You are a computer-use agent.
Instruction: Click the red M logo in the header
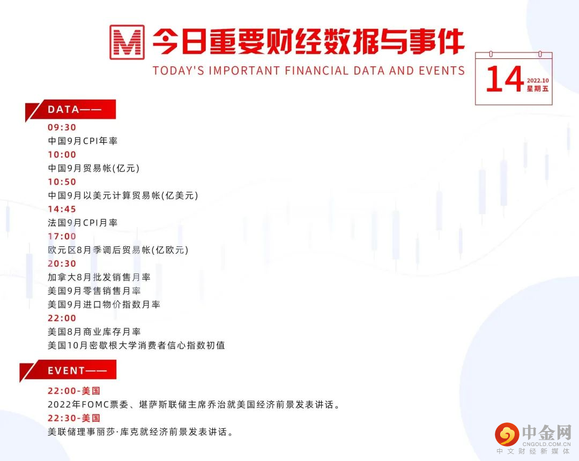pyautogui.click(x=127, y=42)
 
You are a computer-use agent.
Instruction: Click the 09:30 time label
pyautogui.click(x=62, y=127)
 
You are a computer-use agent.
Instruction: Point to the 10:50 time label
pyautogui.click(x=62, y=182)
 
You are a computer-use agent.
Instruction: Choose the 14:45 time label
pyautogui.click(x=62, y=209)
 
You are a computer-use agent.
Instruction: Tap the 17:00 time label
pyautogui.click(x=62, y=237)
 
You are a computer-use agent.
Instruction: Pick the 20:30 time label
pyautogui.click(x=62, y=264)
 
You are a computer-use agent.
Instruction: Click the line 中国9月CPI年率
pyautogui.click(x=83, y=141)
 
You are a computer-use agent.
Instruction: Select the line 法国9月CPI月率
pyautogui.click(x=83, y=223)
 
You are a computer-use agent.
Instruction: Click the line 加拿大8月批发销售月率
pyautogui.click(x=99, y=277)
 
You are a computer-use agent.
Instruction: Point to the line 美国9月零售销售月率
pyautogui.click(x=94, y=291)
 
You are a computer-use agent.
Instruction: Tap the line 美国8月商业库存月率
pyautogui.click(x=94, y=332)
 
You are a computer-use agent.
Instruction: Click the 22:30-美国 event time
pyautogui.click(x=74, y=418)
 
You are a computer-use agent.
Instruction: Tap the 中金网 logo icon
pyautogui.click(x=507, y=434)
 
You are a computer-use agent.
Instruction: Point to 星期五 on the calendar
pyautogui.click(x=538, y=89)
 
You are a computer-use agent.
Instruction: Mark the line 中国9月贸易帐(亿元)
pyautogui.click(x=94, y=168)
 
